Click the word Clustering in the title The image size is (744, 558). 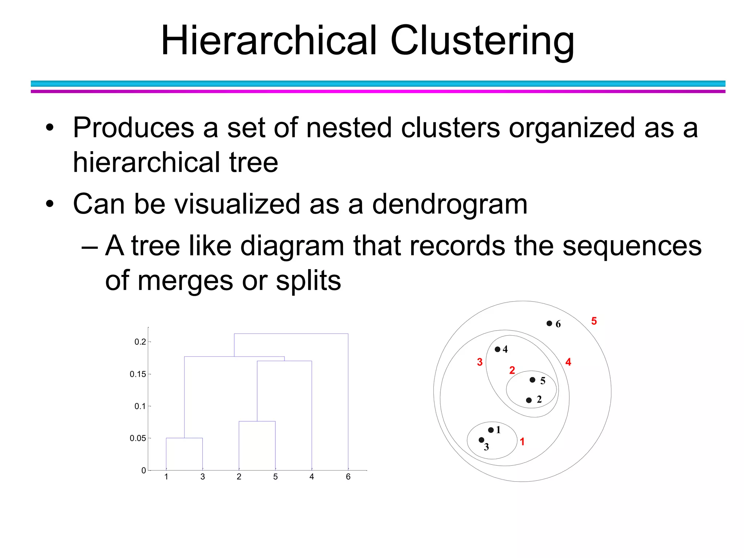click(x=482, y=41)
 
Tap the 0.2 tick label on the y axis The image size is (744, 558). click(x=140, y=342)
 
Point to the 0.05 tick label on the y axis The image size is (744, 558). click(x=138, y=438)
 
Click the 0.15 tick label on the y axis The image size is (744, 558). click(x=138, y=374)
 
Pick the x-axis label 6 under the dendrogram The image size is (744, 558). click(x=348, y=477)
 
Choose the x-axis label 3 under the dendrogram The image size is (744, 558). click(x=203, y=477)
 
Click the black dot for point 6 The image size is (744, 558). click(x=549, y=323)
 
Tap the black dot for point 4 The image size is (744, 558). click(x=498, y=349)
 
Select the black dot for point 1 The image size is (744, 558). click(x=491, y=430)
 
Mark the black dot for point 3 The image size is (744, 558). click(x=481, y=440)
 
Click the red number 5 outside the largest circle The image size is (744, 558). click(x=594, y=321)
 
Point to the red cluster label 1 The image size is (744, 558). click(x=522, y=442)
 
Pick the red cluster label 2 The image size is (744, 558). click(x=512, y=370)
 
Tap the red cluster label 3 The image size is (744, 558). click(x=480, y=362)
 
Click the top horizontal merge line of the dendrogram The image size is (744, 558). click(x=291, y=333)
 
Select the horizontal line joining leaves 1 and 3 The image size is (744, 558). click(x=184, y=438)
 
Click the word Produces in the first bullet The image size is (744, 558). click(x=133, y=128)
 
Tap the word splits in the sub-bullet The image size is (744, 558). click(x=308, y=281)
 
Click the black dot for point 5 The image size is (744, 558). click(x=532, y=380)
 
